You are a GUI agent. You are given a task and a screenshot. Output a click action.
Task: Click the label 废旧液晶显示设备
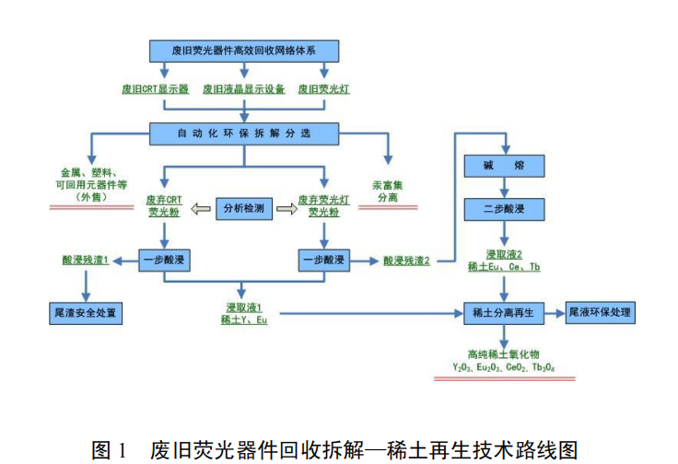(x=243, y=90)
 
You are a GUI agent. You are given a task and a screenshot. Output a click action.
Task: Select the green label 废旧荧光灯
(x=324, y=90)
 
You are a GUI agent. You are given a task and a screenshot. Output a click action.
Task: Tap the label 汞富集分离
(x=388, y=190)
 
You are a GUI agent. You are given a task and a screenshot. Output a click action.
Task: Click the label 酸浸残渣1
(x=83, y=261)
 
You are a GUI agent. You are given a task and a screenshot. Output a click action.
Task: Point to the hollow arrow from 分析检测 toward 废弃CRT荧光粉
(x=200, y=210)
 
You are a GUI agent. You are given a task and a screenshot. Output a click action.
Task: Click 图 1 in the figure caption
(x=112, y=449)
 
